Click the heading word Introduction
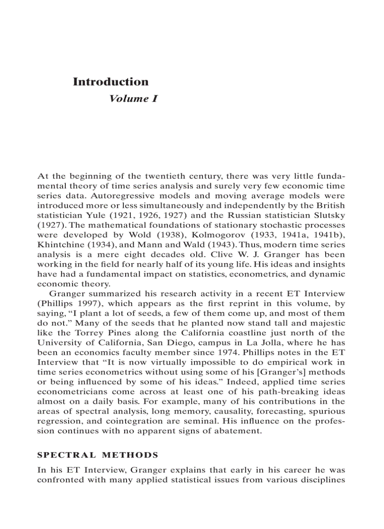111,82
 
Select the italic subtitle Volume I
133,99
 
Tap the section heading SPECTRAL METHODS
97,455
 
